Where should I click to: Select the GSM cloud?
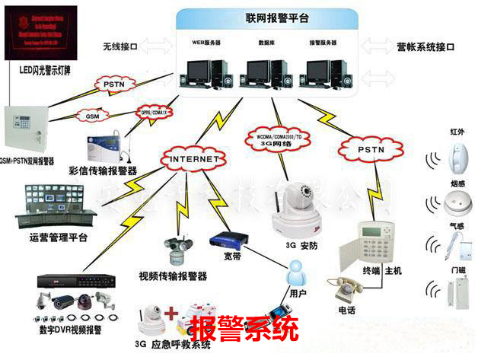[92, 116]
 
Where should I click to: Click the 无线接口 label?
[120, 47]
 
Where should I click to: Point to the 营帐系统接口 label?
[425, 47]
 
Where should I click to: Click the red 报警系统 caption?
[244, 330]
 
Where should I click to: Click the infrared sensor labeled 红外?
[457, 156]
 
